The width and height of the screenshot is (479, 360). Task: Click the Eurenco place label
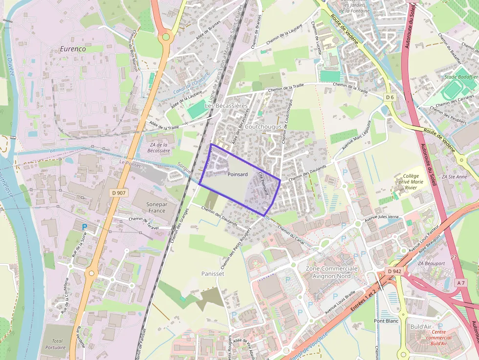[x=73, y=49]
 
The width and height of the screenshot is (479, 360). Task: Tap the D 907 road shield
[x=119, y=193]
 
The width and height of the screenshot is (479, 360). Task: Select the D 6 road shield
[x=390, y=97]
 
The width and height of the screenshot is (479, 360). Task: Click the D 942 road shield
[x=394, y=271]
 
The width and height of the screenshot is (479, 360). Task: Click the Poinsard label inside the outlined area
[x=238, y=174]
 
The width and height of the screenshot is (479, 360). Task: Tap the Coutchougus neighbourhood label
[x=264, y=127]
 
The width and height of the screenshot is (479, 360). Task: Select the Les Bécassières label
[x=226, y=106]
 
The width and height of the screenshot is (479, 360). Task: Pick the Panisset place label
[x=213, y=274]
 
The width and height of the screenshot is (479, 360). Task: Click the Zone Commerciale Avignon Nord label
[x=332, y=273]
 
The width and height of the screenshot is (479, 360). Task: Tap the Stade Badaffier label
[x=460, y=77]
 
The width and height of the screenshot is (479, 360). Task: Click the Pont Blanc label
[x=386, y=321]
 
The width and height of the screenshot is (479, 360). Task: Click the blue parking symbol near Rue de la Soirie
[x=85, y=227]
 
